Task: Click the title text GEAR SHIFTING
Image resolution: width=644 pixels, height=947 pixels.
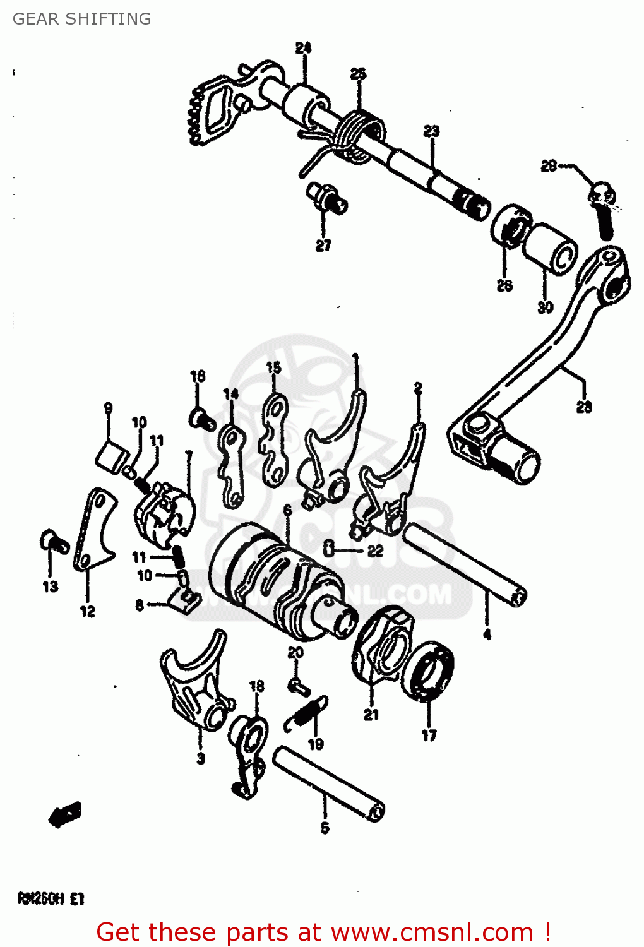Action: pyautogui.click(x=82, y=19)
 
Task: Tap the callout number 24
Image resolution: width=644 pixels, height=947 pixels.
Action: pyautogui.click(x=303, y=47)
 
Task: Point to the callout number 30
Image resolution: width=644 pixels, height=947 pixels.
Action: pyautogui.click(x=545, y=307)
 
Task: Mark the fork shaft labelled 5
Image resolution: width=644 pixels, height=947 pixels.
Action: pyautogui.click(x=328, y=783)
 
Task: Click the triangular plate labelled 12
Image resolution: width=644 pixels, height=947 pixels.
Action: pyautogui.click(x=93, y=530)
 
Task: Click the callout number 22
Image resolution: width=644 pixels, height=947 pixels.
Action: pyautogui.click(x=376, y=551)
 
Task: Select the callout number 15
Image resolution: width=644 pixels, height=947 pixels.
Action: pyautogui.click(x=273, y=367)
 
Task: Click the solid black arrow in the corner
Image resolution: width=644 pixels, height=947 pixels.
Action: pyautogui.click(x=65, y=814)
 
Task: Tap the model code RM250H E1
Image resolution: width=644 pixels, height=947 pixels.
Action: pyautogui.click(x=51, y=898)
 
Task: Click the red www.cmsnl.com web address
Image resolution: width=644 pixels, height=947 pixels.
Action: pyautogui.click(x=432, y=932)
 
